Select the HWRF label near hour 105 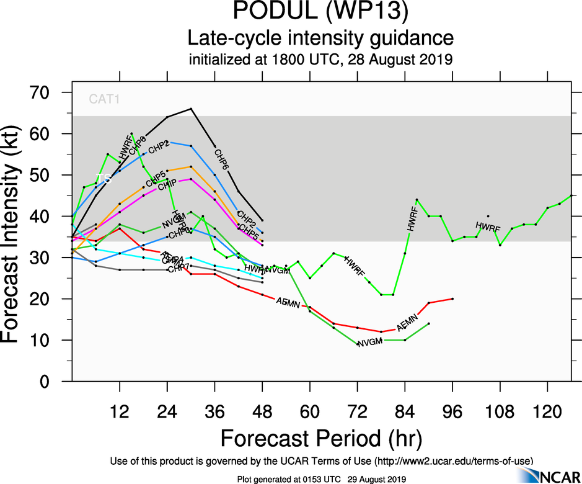pos(488,227)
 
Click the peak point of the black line pos(191,109)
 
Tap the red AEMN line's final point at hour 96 pos(452,298)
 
